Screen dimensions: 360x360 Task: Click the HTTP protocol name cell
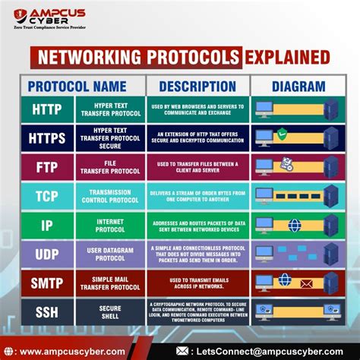(x=46, y=109)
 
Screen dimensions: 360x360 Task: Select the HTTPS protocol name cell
(x=46, y=138)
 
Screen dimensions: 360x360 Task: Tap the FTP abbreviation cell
(x=46, y=167)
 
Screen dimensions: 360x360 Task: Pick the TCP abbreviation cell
(x=46, y=196)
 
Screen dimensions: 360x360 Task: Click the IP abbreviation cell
(x=46, y=225)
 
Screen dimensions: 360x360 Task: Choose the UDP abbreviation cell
(x=46, y=254)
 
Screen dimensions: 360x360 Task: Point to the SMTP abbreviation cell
(x=46, y=283)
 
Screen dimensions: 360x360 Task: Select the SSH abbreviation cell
(x=46, y=311)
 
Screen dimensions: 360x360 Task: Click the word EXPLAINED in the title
(x=286, y=57)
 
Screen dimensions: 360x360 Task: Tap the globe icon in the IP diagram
(x=293, y=225)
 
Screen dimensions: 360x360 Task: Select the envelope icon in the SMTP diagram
(x=306, y=283)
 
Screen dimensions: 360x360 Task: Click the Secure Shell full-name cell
(x=110, y=311)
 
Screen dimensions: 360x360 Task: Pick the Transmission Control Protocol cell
(x=110, y=196)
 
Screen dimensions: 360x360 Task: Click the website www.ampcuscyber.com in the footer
(x=71, y=351)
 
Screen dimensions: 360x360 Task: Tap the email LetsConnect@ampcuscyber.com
(x=266, y=351)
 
